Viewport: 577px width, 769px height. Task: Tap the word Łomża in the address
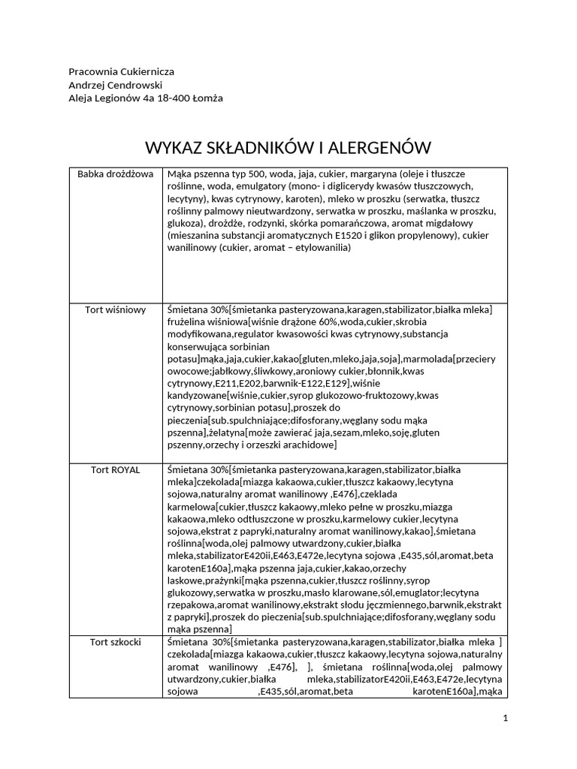pos(207,98)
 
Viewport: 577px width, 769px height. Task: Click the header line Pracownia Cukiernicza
pos(121,71)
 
